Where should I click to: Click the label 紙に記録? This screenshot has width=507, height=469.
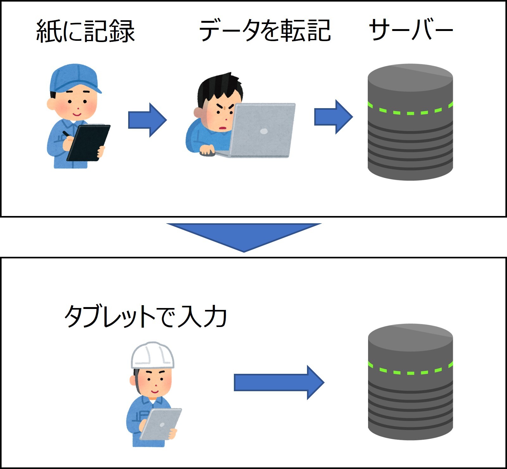click(85, 31)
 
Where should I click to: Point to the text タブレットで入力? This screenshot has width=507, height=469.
click(146, 316)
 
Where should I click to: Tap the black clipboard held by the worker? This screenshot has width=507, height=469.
click(89, 142)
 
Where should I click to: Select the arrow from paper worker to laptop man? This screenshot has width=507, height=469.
click(147, 120)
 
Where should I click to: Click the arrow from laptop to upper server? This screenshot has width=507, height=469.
click(333, 117)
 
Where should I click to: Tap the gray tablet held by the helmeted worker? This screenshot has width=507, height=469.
click(161, 424)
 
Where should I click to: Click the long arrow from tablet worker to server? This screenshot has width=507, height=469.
click(279, 382)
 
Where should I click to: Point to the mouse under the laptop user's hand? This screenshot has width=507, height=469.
click(207, 153)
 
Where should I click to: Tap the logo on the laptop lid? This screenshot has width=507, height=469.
click(264, 131)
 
